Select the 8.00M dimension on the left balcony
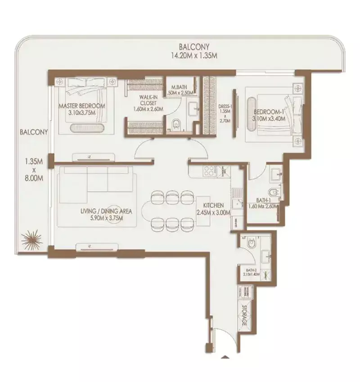pyautogui.click(x=34, y=177)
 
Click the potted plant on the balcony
pyautogui.click(x=32, y=239)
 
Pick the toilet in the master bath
pyautogui.click(x=176, y=123)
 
